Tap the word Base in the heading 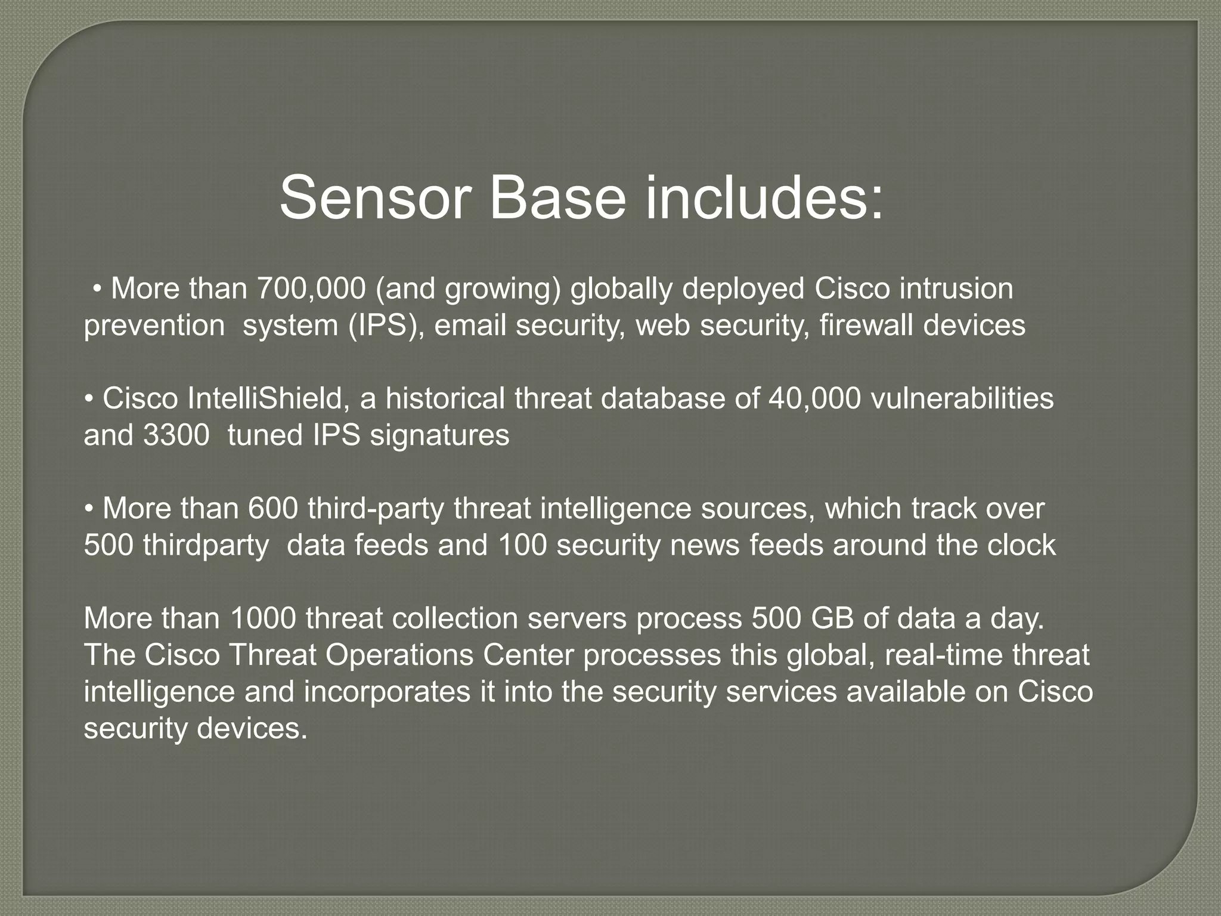point(557,198)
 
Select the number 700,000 point(311,289)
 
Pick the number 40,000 point(814,398)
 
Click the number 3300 point(176,435)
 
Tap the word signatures point(439,435)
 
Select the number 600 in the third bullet point(272,509)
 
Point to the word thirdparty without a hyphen point(206,546)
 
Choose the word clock point(1021,546)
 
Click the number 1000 point(262,618)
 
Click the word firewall point(866,326)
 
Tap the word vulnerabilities point(962,398)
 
